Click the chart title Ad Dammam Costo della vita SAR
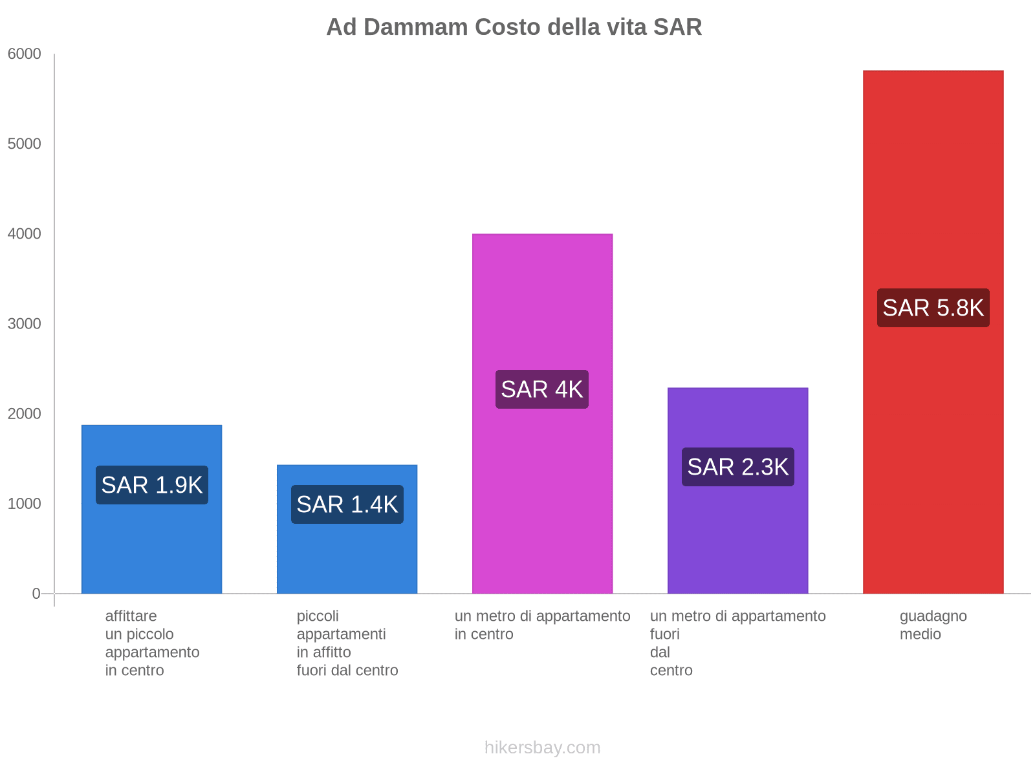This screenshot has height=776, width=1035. pos(514,27)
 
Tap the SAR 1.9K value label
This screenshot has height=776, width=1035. pos(152,485)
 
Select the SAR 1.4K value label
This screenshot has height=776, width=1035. pos(347,504)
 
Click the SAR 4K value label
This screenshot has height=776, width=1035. pos(542,389)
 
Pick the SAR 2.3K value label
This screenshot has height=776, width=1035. pos(737,467)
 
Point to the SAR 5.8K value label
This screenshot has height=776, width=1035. pos(933,308)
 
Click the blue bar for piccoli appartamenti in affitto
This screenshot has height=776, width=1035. pos(347,556)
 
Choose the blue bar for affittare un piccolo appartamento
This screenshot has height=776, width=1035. pos(152,550)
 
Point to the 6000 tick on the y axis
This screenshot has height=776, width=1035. pos(25,54)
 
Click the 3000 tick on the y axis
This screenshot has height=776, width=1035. pos(25,324)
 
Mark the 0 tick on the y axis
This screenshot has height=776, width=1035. pos(36,594)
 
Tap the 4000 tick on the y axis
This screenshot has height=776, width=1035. pos(25,234)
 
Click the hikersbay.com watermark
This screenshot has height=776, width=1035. pos(542,748)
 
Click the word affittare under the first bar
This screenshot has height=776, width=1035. pos(131,616)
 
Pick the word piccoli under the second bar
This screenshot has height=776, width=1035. pos(318,616)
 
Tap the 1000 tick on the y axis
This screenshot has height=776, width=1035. pos(25,504)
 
